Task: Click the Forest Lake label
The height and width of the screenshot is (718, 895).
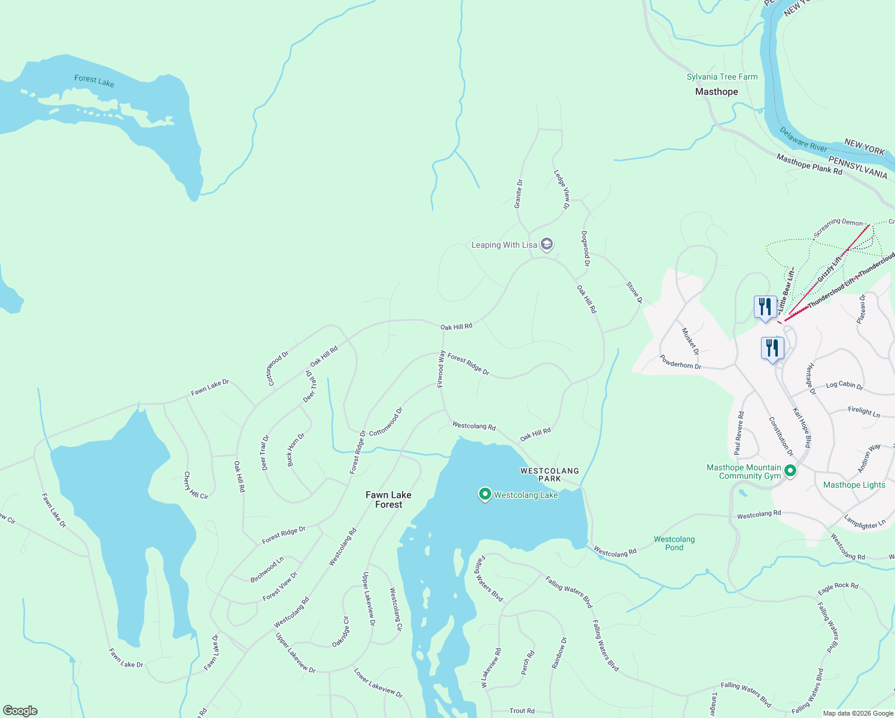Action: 94,81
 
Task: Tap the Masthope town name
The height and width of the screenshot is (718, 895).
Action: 716,92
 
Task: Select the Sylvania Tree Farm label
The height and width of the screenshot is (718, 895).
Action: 722,77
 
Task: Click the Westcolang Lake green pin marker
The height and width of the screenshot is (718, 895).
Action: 485,494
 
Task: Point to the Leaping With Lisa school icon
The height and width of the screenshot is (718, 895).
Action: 546,244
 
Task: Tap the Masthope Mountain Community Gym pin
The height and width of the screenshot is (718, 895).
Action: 790,471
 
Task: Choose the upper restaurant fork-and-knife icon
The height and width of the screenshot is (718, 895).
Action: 765,307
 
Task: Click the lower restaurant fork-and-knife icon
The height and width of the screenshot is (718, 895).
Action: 772,348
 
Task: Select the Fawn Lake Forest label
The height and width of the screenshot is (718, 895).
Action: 388,500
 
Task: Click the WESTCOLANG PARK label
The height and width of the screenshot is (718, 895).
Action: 549,475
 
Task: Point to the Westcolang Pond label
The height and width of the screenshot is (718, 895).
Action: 674,543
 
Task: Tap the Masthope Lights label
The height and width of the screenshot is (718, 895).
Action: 854,485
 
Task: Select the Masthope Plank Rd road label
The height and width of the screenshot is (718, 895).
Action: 809,165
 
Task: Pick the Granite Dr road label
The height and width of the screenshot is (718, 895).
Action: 519,194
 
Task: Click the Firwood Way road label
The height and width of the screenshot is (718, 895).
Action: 441,369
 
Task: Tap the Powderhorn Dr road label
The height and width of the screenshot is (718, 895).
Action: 680,362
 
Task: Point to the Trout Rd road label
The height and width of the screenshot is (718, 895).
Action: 522,711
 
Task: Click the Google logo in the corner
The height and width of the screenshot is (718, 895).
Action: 20,711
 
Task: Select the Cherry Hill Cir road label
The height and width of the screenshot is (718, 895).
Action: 195,485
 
